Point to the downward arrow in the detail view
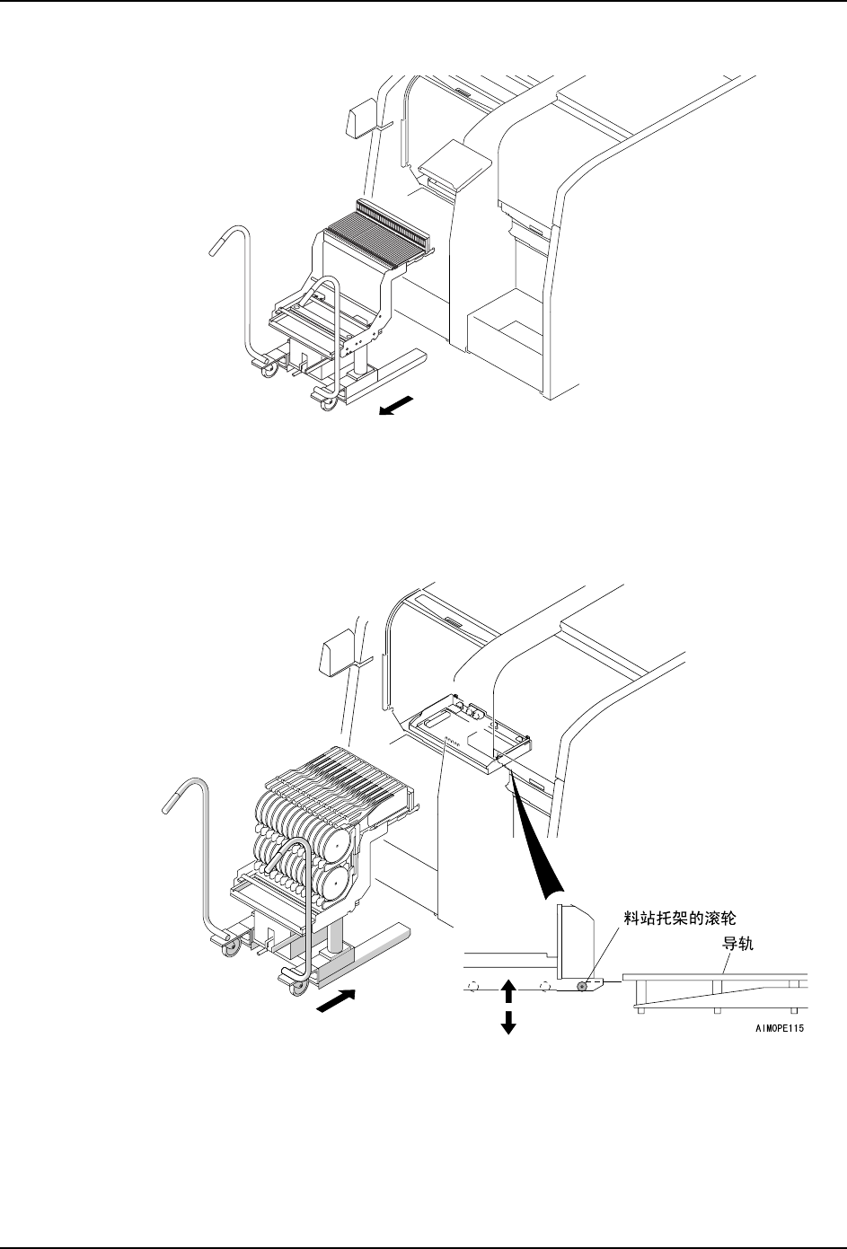coord(508,1023)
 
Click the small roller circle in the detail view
coord(582,986)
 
